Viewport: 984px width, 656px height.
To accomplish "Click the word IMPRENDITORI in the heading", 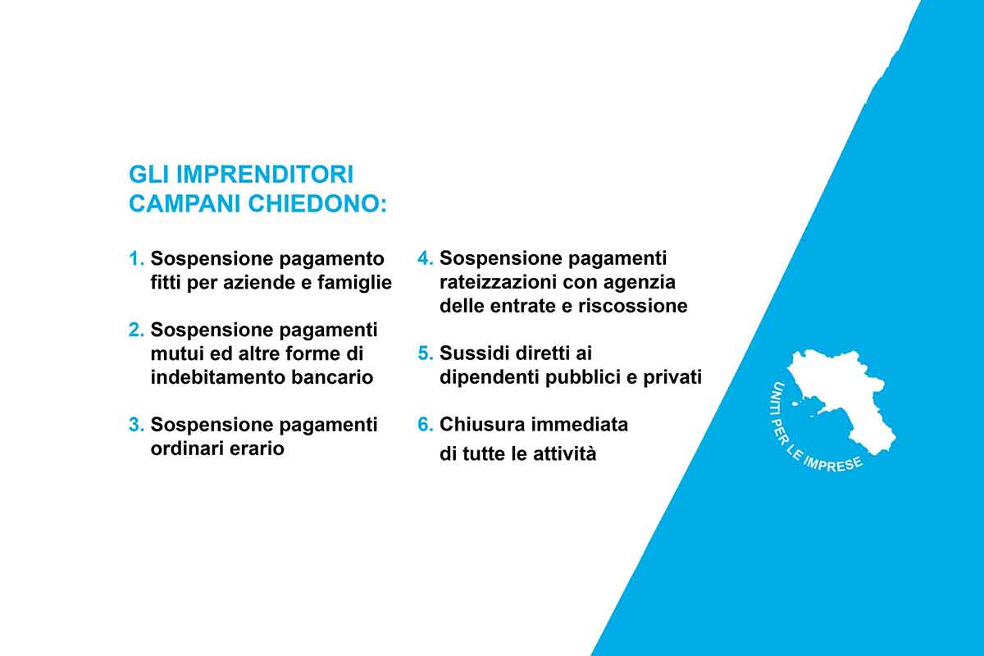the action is pyautogui.click(x=265, y=175).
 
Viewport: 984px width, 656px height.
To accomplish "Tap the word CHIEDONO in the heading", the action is pyautogui.click(x=317, y=204).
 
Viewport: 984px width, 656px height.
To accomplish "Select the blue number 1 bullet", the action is pyautogui.click(x=136, y=258).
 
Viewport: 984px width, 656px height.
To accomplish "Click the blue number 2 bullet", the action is pyautogui.click(x=136, y=330).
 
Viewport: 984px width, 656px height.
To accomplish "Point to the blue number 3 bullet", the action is pyautogui.click(x=136, y=425).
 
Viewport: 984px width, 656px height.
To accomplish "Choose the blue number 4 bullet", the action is pyautogui.click(x=426, y=258).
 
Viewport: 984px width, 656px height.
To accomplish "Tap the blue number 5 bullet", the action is pyautogui.click(x=426, y=353).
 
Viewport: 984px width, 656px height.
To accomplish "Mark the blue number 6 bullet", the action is pyautogui.click(x=426, y=425).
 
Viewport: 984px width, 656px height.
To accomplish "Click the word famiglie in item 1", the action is pyautogui.click(x=354, y=283).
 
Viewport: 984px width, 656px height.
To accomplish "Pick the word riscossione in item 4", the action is pyautogui.click(x=632, y=306).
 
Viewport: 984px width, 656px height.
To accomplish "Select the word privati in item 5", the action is pyautogui.click(x=672, y=377).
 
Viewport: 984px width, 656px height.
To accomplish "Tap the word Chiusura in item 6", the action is pyautogui.click(x=482, y=425).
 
